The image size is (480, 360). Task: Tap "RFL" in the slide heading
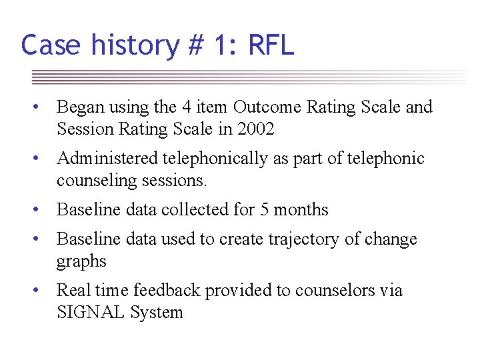pyautogui.click(x=270, y=45)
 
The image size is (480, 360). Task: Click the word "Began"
pyautogui.click(x=79, y=107)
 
